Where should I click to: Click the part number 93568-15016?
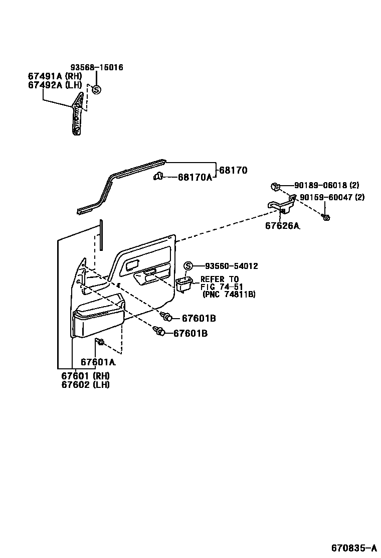point(96,67)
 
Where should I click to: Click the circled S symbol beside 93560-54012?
point(188,266)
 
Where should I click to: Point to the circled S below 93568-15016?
point(96,90)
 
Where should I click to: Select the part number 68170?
point(233,171)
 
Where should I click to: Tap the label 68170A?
point(195,178)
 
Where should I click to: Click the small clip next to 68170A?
point(158,176)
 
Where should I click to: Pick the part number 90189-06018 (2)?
point(326,185)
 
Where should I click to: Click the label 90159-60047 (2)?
point(332,197)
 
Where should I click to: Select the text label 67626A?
point(282,226)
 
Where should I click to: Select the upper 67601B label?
point(199,318)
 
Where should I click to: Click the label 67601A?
point(98,362)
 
